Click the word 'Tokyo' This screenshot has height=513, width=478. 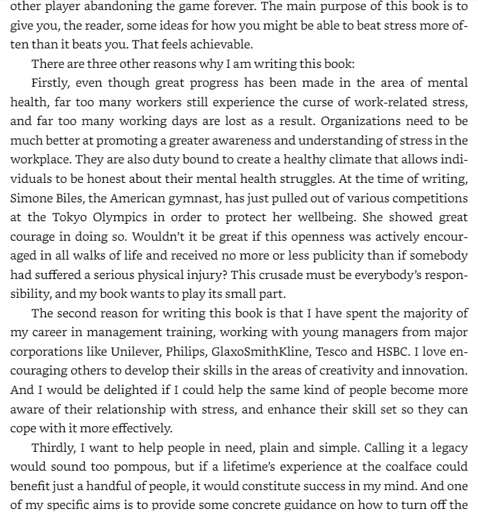coord(69,217)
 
